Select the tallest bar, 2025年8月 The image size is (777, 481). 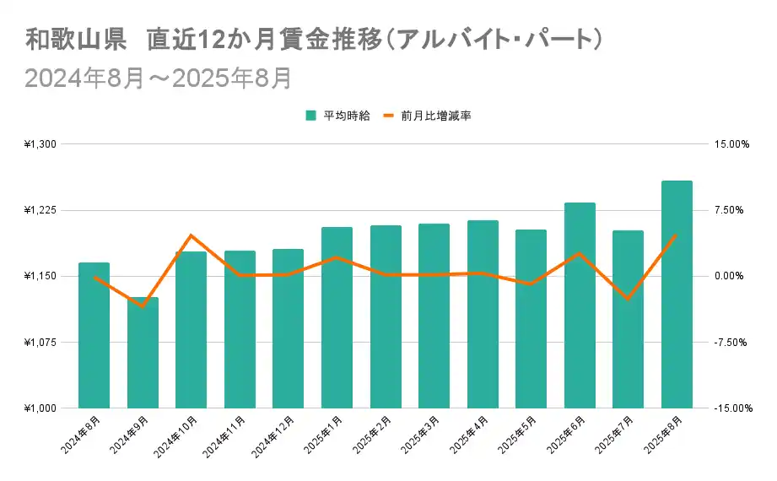[x=677, y=295]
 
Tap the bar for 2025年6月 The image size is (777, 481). [x=580, y=305]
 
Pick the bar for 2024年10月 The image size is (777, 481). [x=191, y=330]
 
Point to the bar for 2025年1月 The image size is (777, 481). [x=337, y=317]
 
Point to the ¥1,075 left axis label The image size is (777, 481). [x=40, y=343]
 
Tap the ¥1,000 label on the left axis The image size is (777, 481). [x=40, y=408]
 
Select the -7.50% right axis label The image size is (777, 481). [x=731, y=343]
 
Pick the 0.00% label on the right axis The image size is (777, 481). [x=732, y=276]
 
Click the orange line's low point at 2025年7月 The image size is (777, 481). [x=628, y=299]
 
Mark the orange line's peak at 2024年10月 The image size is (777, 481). [x=191, y=235]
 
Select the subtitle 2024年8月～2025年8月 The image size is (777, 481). [x=158, y=78]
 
